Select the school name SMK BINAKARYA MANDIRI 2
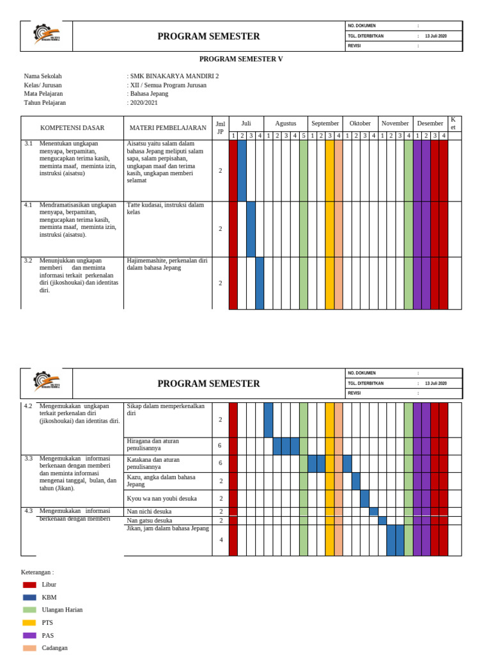point(174,75)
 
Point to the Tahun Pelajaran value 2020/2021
point(143,102)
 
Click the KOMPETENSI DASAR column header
point(72,128)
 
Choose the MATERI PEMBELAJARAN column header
point(168,128)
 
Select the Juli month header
point(246,123)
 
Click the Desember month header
point(430,123)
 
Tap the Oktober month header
point(360,123)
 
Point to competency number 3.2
point(28,261)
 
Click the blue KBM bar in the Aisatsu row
point(242,170)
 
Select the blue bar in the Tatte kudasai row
point(251,229)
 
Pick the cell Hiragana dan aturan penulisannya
point(153,445)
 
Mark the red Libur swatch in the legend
point(29,585)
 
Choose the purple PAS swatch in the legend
point(29,635)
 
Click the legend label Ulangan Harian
point(62,610)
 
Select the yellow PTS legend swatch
point(29,622)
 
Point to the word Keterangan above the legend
point(37,572)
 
